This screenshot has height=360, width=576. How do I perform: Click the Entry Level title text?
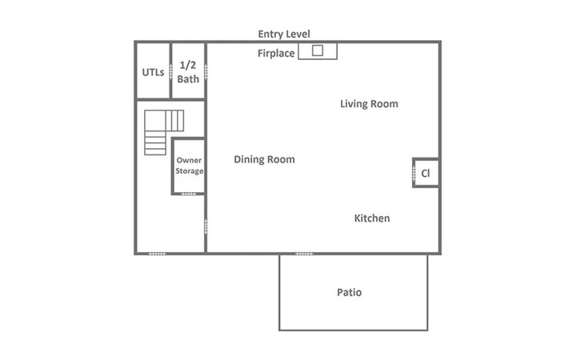click(x=284, y=34)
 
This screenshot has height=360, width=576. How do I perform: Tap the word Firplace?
click(x=276, y=54)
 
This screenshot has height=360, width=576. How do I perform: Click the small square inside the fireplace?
click(x=318, y=50)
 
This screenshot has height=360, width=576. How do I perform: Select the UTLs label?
click(x=153, y=72)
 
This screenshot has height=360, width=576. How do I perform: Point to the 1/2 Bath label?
click(x=188, y=72)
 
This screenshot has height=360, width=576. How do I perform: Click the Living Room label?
click(x=369, y=104)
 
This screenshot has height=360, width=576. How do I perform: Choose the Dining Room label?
click(x=265, y=159)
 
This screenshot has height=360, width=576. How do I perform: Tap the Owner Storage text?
click(x=189, y=166)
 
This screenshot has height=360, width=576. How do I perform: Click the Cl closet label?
click(x=426, y=173)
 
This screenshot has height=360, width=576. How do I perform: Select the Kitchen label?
click(x=372, y=218)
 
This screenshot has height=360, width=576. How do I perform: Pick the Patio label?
click(x=350, y=293)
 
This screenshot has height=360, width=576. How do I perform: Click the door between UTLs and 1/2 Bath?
click(x=171, y=72)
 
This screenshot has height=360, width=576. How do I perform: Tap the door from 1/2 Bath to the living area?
click(x=206, y=72)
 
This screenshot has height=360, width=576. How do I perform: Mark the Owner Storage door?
click(x=189, y=194)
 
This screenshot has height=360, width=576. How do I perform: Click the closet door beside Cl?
click(x=414, y=174)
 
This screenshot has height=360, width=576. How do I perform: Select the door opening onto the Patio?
click(x=304, y=254)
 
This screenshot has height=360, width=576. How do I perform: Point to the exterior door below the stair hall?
click(x=157, y=254)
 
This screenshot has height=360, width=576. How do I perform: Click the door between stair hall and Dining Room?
click(x=206, y=226)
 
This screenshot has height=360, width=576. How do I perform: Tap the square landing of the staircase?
click(x=155, y=121)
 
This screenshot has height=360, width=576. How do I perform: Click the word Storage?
click(x=189, y=171)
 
